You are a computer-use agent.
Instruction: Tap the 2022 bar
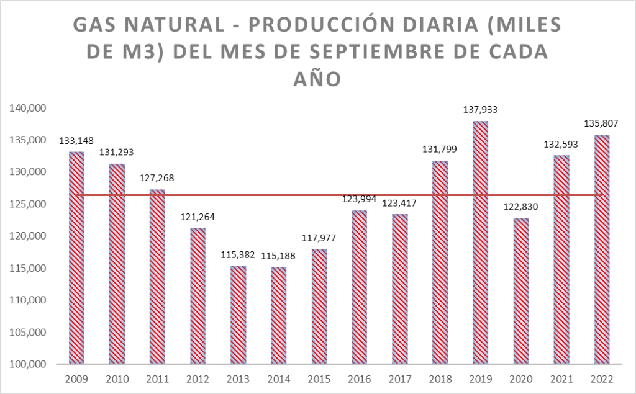coord(602,249)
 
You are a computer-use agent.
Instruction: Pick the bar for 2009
coord(76,257)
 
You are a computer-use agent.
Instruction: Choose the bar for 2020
coord(521,290)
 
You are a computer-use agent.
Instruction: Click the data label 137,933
coord(481,110)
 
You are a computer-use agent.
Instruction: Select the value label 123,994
coord(360,199)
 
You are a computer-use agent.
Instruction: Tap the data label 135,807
coord(602,123)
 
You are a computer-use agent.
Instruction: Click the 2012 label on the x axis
coord(198,378)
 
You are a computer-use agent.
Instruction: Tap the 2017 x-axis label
coord(400,378)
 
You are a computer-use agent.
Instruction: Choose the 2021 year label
coord(561,378)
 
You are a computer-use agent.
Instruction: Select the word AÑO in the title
coord(317,79)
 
